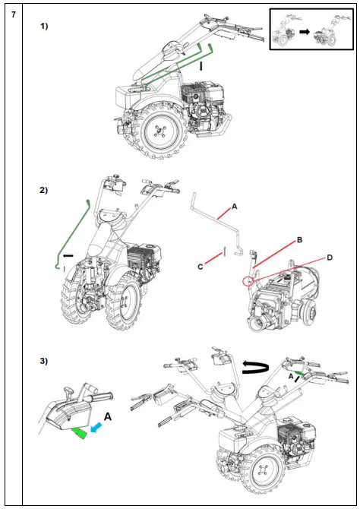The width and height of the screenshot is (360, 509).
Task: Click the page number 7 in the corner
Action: (14, 14)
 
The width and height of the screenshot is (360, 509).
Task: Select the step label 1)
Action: (44, 27)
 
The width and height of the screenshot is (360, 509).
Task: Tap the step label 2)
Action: (44, 190)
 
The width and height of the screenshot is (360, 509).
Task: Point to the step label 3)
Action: (44, 361)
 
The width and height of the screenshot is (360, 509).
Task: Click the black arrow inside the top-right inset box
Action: (305, 32)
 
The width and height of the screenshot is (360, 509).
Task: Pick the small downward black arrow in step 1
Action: (201, 67)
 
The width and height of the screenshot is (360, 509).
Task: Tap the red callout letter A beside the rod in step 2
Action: (235, 207)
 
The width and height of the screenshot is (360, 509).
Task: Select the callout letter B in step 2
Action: (299, 240)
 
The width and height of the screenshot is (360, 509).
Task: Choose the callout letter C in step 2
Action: (201, 267)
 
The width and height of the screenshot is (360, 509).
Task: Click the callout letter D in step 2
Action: (330, 258)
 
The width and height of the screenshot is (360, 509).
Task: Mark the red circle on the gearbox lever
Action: (248, 281)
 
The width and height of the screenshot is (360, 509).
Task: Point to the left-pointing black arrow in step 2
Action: (68, 256)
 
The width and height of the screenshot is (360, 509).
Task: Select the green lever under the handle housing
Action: (80, 433)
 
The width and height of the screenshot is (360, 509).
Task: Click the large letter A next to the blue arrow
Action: (107, 416)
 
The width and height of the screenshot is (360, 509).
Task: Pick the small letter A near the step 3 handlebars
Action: (291, 377)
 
